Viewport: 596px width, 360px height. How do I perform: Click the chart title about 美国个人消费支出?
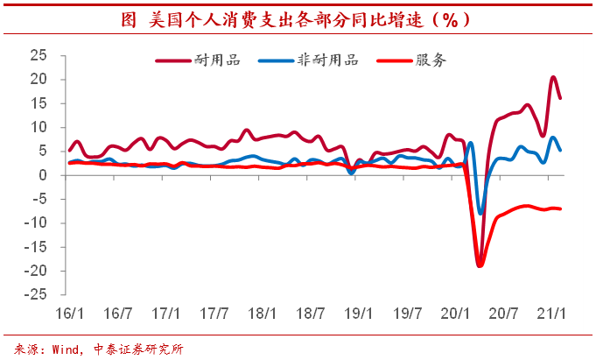tap(298, 18)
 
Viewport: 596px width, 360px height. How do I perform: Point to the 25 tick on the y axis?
tap(38, 55)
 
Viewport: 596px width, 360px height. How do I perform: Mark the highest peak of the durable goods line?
tap(553, 77)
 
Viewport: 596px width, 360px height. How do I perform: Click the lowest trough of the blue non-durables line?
tap(480, 213)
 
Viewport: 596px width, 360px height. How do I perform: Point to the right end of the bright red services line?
tap(560, 208)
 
